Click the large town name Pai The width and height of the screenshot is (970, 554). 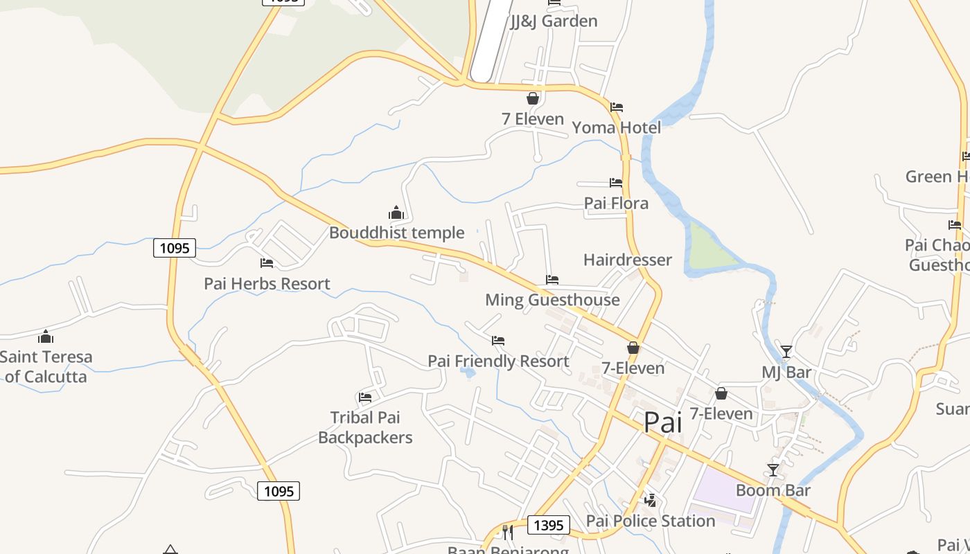[x=663, y=422]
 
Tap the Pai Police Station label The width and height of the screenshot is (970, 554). [x=650, y=521]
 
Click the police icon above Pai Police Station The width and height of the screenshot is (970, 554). [x=650, y=500]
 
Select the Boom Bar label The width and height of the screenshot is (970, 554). [x=773, y=490]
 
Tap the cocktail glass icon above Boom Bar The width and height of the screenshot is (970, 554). [x=773, y=470]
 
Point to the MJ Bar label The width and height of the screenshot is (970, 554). [x=786, y=373]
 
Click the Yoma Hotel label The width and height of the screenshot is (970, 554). [x=616, y=127]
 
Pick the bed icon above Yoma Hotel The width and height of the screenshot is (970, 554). [x=616, y=107]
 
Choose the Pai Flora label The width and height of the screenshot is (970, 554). [x=616, y=204]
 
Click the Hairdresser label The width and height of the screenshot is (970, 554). [x=628, y=260]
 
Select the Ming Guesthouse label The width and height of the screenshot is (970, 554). [x=552, y=300]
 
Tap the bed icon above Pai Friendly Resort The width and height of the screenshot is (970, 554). [x=497, y=341]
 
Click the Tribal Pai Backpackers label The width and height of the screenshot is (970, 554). [x=365, y=427]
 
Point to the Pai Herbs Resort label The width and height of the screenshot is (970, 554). [x=267, y=283]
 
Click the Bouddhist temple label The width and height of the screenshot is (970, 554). [x=396, y=233]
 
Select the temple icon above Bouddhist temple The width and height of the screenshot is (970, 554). [x=396, y=213]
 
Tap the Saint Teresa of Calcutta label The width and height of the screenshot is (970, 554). [x=46, y=367]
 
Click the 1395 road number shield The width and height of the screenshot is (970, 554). [x=549, y=525]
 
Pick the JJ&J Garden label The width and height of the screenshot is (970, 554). [x=554, y=21]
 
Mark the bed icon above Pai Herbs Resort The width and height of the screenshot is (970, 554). [x=267, y=263]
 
